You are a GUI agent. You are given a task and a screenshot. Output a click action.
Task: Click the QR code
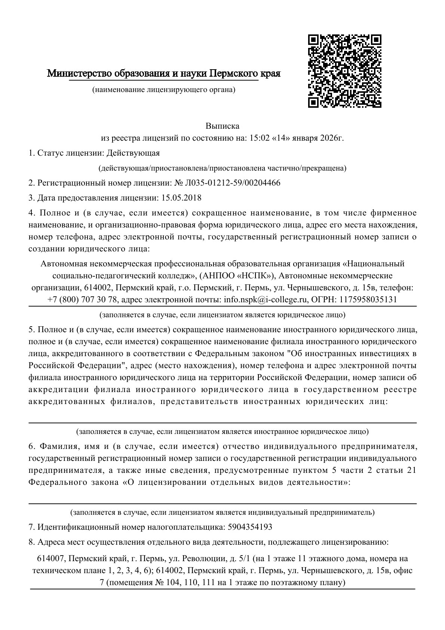point(344,71)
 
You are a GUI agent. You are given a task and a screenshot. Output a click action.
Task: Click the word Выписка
point(222,126)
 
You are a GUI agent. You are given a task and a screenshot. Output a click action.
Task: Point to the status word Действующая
point(133,153)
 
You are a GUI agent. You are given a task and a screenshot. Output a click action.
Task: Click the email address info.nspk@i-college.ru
point(266,300)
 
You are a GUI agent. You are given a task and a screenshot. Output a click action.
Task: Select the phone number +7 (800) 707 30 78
point(83,300)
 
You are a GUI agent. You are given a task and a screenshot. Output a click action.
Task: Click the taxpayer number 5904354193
point(250,527)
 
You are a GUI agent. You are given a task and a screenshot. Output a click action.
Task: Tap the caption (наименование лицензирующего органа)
point(164,90)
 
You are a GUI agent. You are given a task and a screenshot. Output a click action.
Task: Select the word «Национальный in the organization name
point(374,264)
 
